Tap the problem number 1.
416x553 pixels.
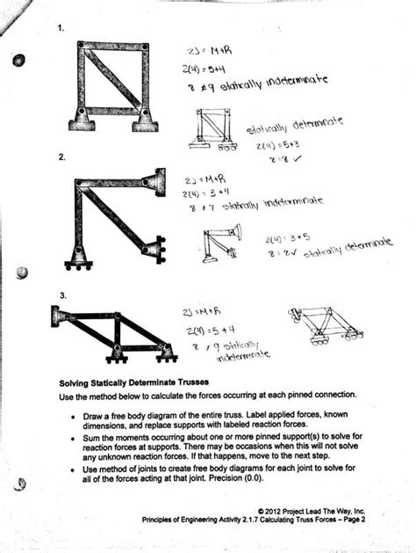pos(61,28)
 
